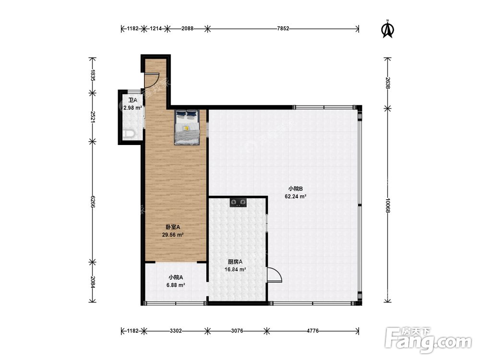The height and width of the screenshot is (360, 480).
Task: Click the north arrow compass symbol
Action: tap(387, 29)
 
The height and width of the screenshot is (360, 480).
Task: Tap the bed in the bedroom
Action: tap(187, 127)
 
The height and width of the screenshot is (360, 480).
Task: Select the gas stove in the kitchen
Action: tap(238, 203)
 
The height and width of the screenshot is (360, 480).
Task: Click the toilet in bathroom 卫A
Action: tap(130, 134)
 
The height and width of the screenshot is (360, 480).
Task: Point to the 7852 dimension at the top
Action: tap(283, 29)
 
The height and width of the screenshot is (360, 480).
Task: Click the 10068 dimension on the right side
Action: tap(387, 206)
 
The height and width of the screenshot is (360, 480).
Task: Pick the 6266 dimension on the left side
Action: tap(93, 202)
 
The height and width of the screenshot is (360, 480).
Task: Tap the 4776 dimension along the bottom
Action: tap(312, 331)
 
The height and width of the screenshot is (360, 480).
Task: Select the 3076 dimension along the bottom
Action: tap(237, 331)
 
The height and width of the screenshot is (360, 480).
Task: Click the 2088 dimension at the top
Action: tap(187, 29)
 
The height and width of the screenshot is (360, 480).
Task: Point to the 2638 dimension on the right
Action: tap(387, 83)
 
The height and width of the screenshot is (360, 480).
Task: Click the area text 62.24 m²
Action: tap(296, 196)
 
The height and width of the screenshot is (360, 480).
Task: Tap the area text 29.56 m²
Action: tap(173, 235)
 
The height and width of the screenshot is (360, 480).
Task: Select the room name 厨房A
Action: tap(235, 262)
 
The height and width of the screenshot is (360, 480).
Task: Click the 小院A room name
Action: tap(176, 277)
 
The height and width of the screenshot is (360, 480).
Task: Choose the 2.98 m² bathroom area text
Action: tap(132, 108)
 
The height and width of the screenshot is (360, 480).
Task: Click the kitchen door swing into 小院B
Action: tap(275, 275)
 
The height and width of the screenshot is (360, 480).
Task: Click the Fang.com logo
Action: tap(428, 340)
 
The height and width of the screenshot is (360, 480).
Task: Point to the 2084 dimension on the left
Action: tap(93, 282)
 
